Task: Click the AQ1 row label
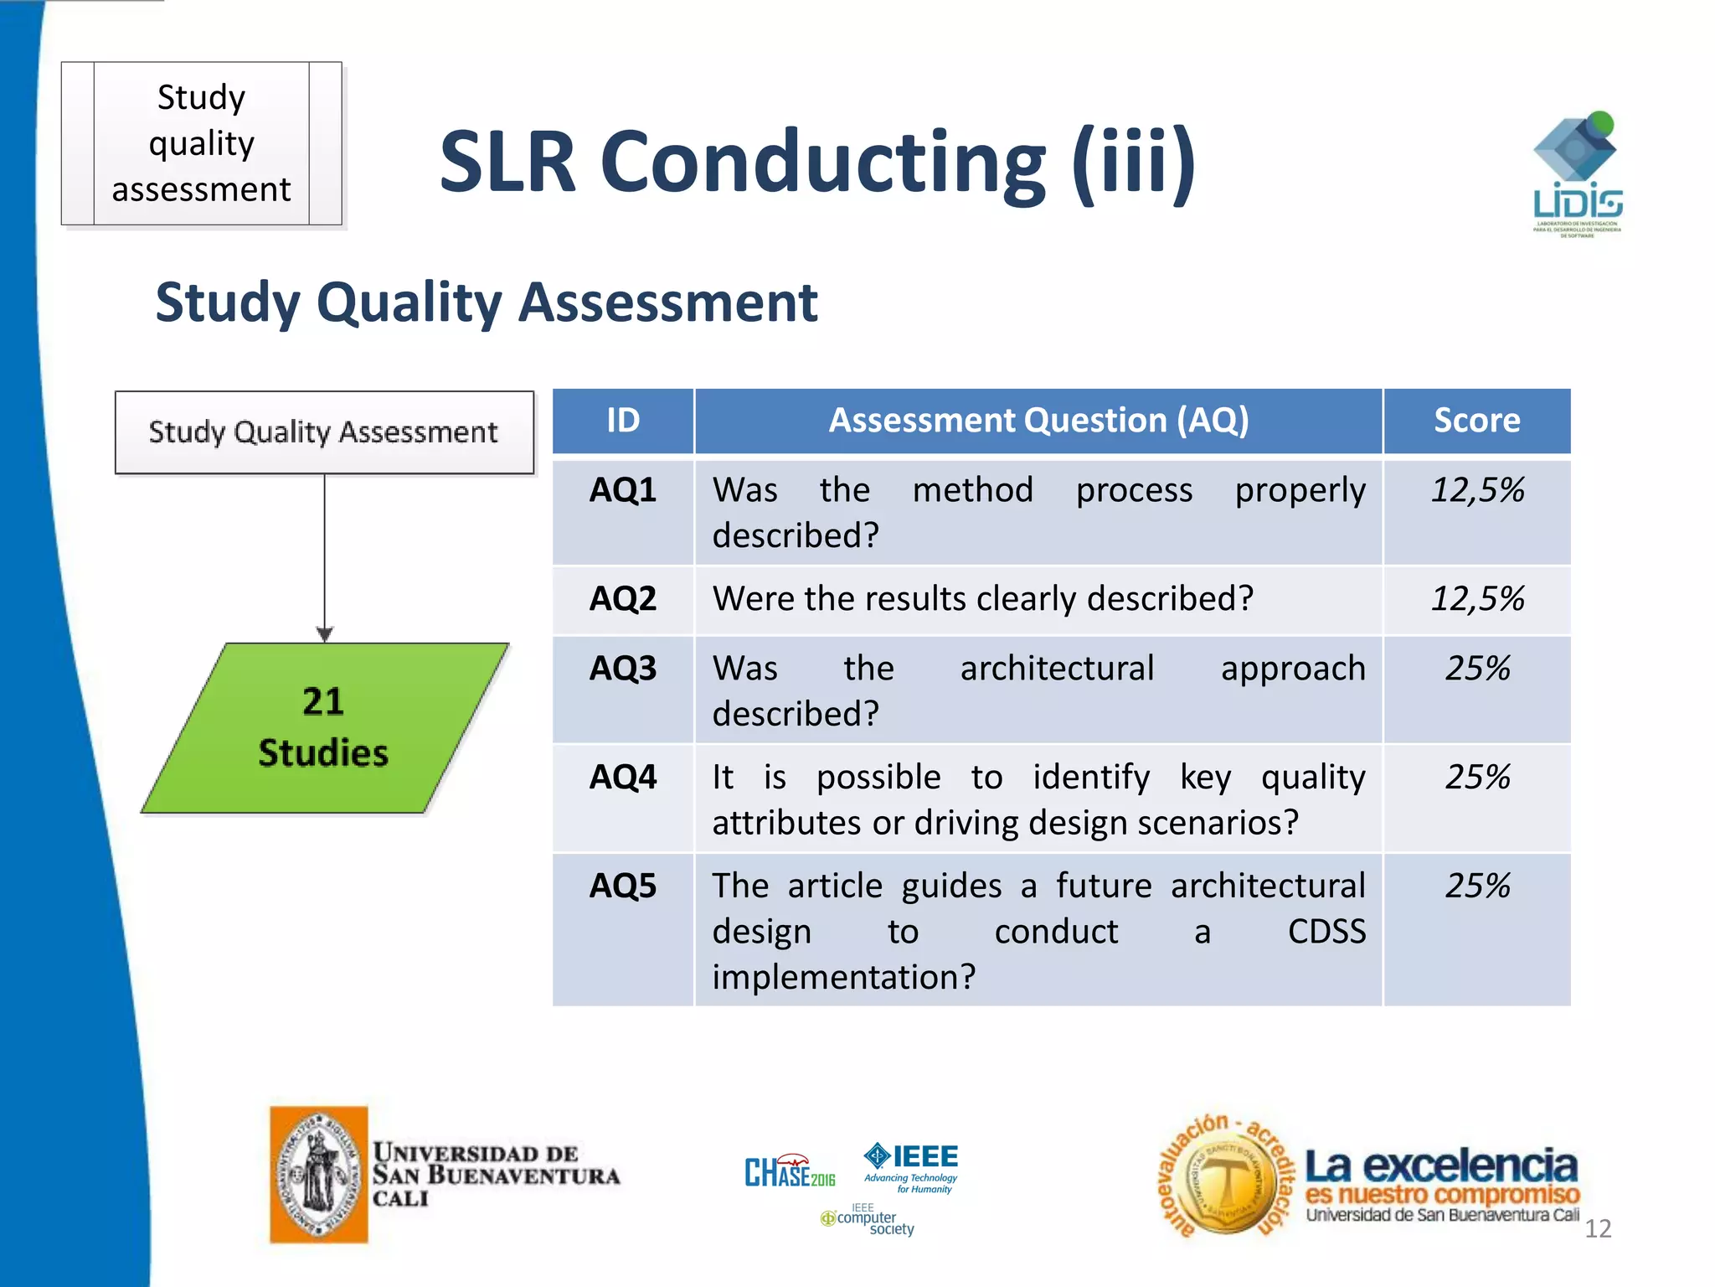pos(622,490)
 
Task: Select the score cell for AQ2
pos(1477,599)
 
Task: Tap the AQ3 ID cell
pos(622,669)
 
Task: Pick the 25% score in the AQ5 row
pos(1477,886)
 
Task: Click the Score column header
pos(1477,421)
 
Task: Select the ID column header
pos(622,421)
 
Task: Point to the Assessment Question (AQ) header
pos(1038,421)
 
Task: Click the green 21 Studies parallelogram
pos(324,727)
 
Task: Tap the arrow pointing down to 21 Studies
pos(325,633)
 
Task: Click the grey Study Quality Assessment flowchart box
pos(324,432)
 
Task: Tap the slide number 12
pos(1598,1228)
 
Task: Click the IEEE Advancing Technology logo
pos(912,1166)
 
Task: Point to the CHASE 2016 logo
pos(789,1171)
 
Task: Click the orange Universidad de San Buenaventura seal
pos(319,1174)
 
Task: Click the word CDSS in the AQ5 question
pos(1326,932)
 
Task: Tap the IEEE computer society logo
pos(868,1222)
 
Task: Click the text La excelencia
pos(1440,1166)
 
